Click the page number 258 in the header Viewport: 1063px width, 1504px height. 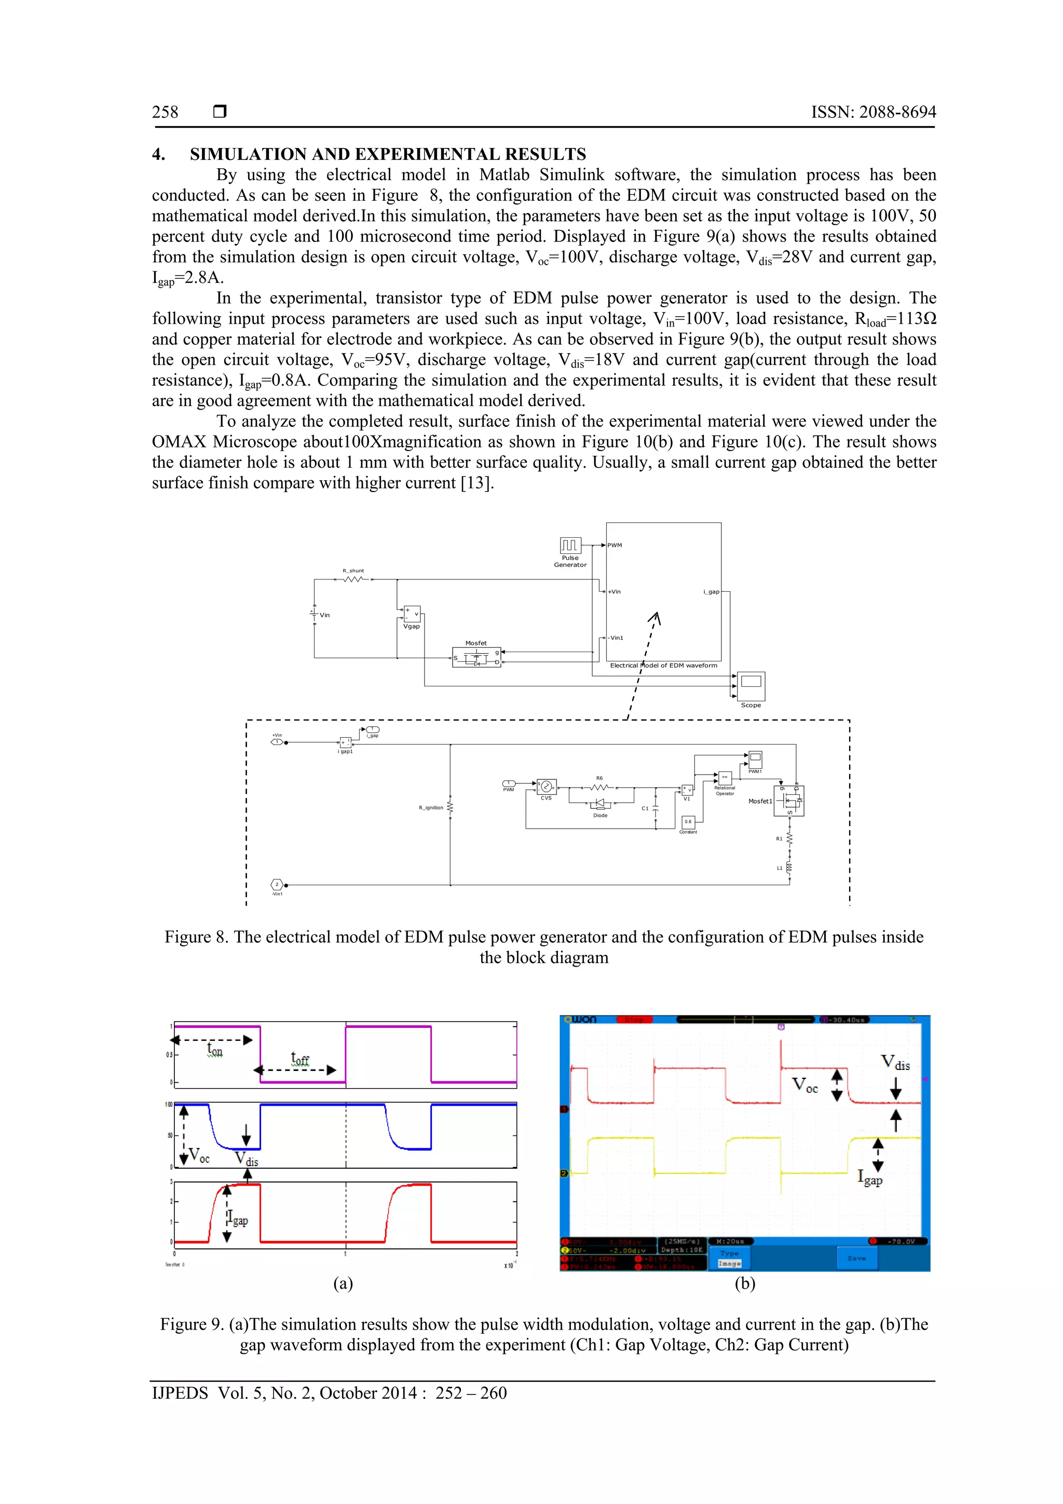pyautogui.click(x=165, y=112)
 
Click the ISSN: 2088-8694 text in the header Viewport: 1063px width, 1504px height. pyautogui.click(x=873, y=112)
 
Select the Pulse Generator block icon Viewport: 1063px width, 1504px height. pyautogui.click(x=570, y=545)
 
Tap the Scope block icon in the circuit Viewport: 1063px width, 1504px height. pyautogui.click(x=751, y=685)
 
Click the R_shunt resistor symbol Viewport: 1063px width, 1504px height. pyautogui.click(x=353, y=579)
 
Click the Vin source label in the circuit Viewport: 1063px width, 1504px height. pyautogui.click(x=325, y=615)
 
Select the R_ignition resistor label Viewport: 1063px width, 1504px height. pyautogui.click(x=431, y=808)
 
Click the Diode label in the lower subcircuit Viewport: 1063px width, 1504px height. pyautogui.click(x=600, y=816)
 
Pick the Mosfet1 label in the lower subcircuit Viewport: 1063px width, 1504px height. pyautogui.click(x=760, y=801)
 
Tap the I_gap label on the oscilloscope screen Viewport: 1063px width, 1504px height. pyautogui.click(x=870, y=1177)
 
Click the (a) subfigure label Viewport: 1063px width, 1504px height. pyautogui.click(x=343, y=1283)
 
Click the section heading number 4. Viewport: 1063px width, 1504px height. pyautogui.click(x=158, y=155)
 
